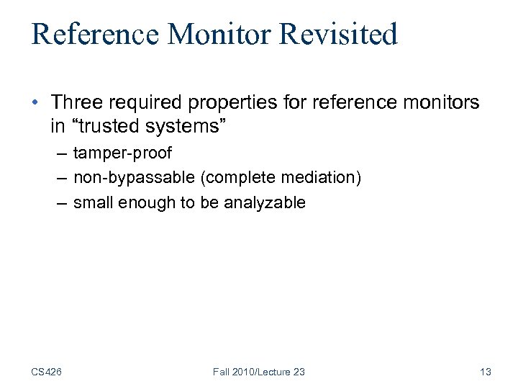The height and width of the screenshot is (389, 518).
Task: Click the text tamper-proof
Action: (x=122, y=154)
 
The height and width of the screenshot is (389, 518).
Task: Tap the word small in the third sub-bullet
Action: (x=92, y=202)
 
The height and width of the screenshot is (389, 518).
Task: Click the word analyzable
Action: (x=265, y=202)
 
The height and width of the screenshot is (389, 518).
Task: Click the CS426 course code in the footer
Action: (x=46, y=372)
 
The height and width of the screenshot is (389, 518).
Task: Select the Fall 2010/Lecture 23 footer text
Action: (x=259, y=372)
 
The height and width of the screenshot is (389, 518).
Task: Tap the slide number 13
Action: (x=485, y=372)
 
